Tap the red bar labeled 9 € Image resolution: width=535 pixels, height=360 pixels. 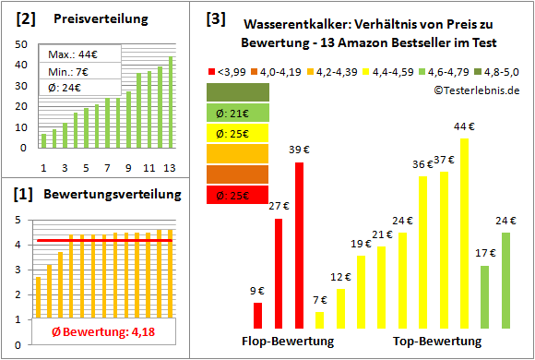click(x=257, y=316)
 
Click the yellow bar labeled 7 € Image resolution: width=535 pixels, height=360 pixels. click(x=320, y=319)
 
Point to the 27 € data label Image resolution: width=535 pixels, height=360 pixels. click(x=279, y=208)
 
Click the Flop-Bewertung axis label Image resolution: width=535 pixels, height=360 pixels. click(x=288, y=342)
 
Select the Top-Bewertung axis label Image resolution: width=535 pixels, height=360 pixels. click(x=437, y=342)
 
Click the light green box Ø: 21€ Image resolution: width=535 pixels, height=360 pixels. click(x=239, y=114)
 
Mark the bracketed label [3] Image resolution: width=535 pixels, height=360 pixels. click(x=214, y=18)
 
